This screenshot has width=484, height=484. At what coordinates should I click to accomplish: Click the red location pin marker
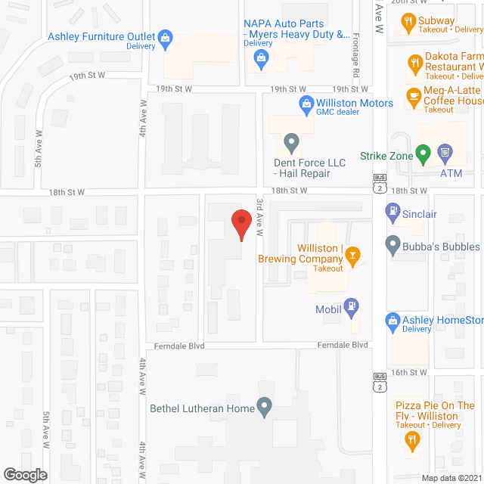click(241, 224)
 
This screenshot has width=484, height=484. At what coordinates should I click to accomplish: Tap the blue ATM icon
click(446, 155)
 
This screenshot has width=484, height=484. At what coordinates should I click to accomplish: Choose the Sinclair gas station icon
click(392, 213)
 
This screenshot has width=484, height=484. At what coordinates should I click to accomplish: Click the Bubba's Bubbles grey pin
click(392, 244)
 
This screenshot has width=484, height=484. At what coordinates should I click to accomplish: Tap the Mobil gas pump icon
click(351, 306)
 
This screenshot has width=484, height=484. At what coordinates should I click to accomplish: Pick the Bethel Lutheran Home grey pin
click(264, 408)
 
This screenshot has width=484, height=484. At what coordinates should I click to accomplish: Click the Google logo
click(24, 474)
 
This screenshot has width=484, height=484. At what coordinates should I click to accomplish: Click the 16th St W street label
click(410, 373)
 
